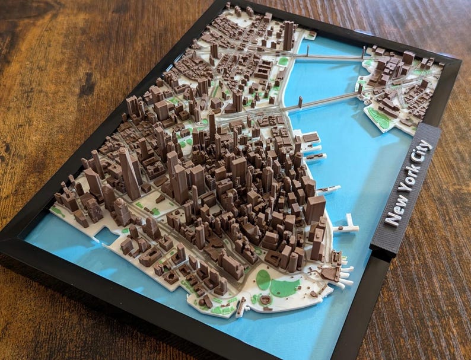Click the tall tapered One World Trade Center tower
point(129,173)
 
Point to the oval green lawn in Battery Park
point(263,279)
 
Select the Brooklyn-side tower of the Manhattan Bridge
point(362,53)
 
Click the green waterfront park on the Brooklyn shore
point(380,118)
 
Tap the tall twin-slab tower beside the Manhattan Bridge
point(288,36)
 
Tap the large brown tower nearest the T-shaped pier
point(315,210)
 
